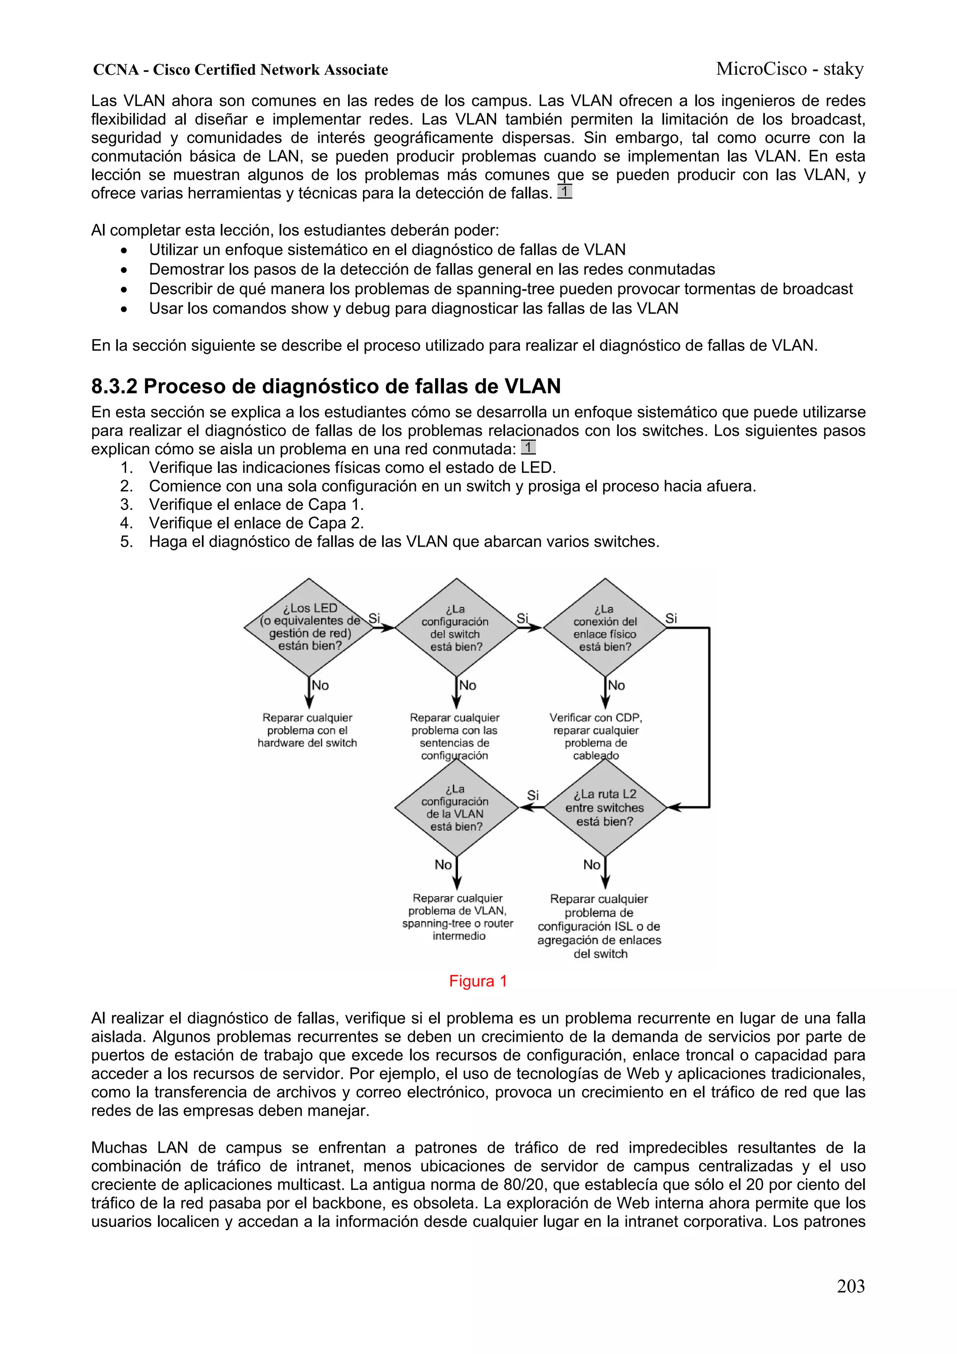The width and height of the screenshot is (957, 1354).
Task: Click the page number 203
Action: coord(850,1286)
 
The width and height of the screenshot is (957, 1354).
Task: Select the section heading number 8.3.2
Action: coord(114,386)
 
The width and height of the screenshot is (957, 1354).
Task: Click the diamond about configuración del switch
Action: coord(456,628)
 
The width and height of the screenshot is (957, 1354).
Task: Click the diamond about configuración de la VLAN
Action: coord(456,807)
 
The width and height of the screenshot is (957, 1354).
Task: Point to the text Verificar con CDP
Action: coord(595,718)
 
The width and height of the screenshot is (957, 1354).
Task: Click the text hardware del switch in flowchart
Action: coord(307,743)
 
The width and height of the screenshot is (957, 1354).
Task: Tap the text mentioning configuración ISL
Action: coord(599,926)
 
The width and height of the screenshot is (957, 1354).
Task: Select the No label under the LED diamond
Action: coord(320,685)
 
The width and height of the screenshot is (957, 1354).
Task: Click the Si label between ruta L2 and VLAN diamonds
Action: coord(532,795)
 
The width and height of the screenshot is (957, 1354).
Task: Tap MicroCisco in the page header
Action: coord(761,69)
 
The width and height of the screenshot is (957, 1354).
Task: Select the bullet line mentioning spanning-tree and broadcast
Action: coord(500,289)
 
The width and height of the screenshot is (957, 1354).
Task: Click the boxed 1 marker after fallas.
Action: coord(564,192)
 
